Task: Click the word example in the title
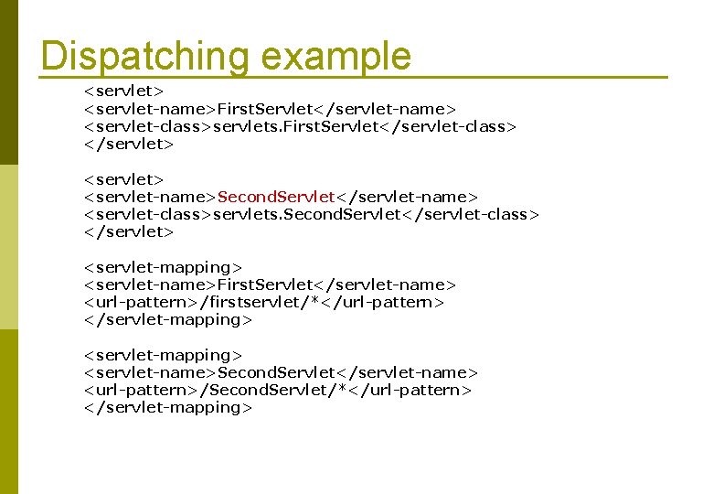point(335,57)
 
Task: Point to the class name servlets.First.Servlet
point(295,127)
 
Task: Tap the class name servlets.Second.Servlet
point(307,214)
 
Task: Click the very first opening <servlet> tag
point(123,91)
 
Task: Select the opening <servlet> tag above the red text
point(123,179)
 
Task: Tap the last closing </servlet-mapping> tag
point(167,408)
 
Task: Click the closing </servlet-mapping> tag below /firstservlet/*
point(167,320)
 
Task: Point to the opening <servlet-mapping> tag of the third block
point(163,267)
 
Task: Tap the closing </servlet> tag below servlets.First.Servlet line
point(128,145)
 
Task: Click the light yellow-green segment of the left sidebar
point(8,246)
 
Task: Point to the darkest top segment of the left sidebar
point(8,82)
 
